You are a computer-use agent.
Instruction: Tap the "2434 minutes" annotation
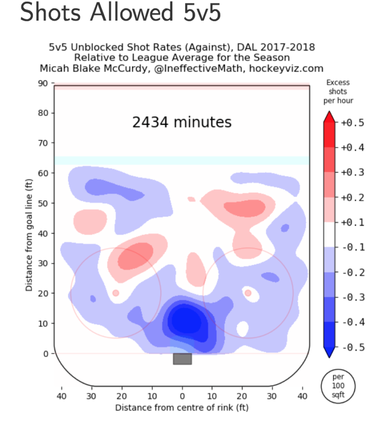(182, 122)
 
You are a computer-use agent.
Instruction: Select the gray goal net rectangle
(182, 359)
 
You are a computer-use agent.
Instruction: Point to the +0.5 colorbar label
(352, 122)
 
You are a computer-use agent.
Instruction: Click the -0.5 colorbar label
(352, 347)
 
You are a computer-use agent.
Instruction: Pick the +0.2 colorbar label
(352, 197)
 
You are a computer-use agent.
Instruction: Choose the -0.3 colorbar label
(352, 297)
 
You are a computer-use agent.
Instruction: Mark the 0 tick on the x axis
(182, 396)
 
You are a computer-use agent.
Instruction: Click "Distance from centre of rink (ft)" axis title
(182, 408)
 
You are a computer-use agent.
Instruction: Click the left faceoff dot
(116, 293)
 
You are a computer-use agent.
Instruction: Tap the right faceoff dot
(248, 293)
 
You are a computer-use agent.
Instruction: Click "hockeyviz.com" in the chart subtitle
(286, 69)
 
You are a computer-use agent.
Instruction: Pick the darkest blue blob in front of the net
(184, 321)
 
